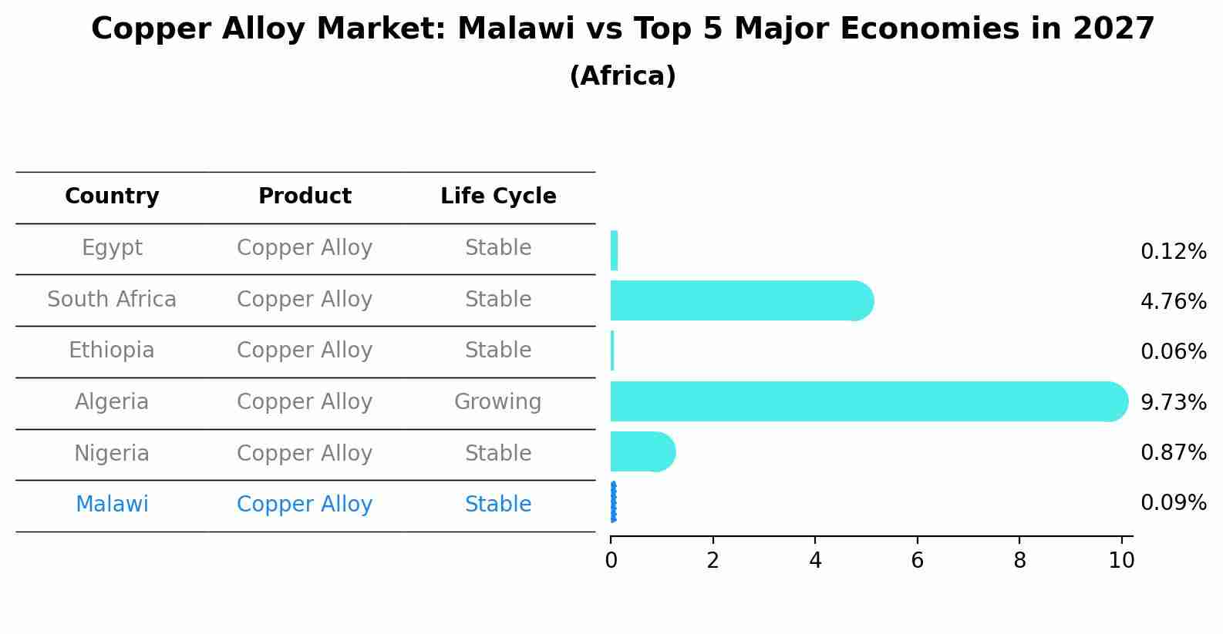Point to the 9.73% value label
pyautogui.click(x=1173, y=403)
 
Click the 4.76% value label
pyautogui.click(x=1173, y=302)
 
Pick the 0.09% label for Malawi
pyautogui.click(x=1173, y=504)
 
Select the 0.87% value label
pyautogui.click(x=1173, y=453)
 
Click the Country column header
pyautogui.click(x=112, y=196)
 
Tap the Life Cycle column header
pyautogui.click(x=498, y=196)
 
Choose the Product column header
pyautogui.click(x=305, y=196)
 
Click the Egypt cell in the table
pyautogui.click(x=112, y=248)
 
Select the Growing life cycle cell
pyautogui.click(x=498, y=402)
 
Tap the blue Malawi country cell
pyautogui.click(x=112, y=505)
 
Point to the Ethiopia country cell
pyautogui.click(x=112, y=351)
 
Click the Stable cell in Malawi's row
pyautogui.click(x=498, y=505)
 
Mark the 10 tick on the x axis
pyautogui.click(x=1121, y=561)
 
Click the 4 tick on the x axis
pyautogui.click(x=815, y=561)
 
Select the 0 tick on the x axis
pyautogui.click(x=611, y=561)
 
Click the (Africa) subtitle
pyautogui.click(x=622, y=76)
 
